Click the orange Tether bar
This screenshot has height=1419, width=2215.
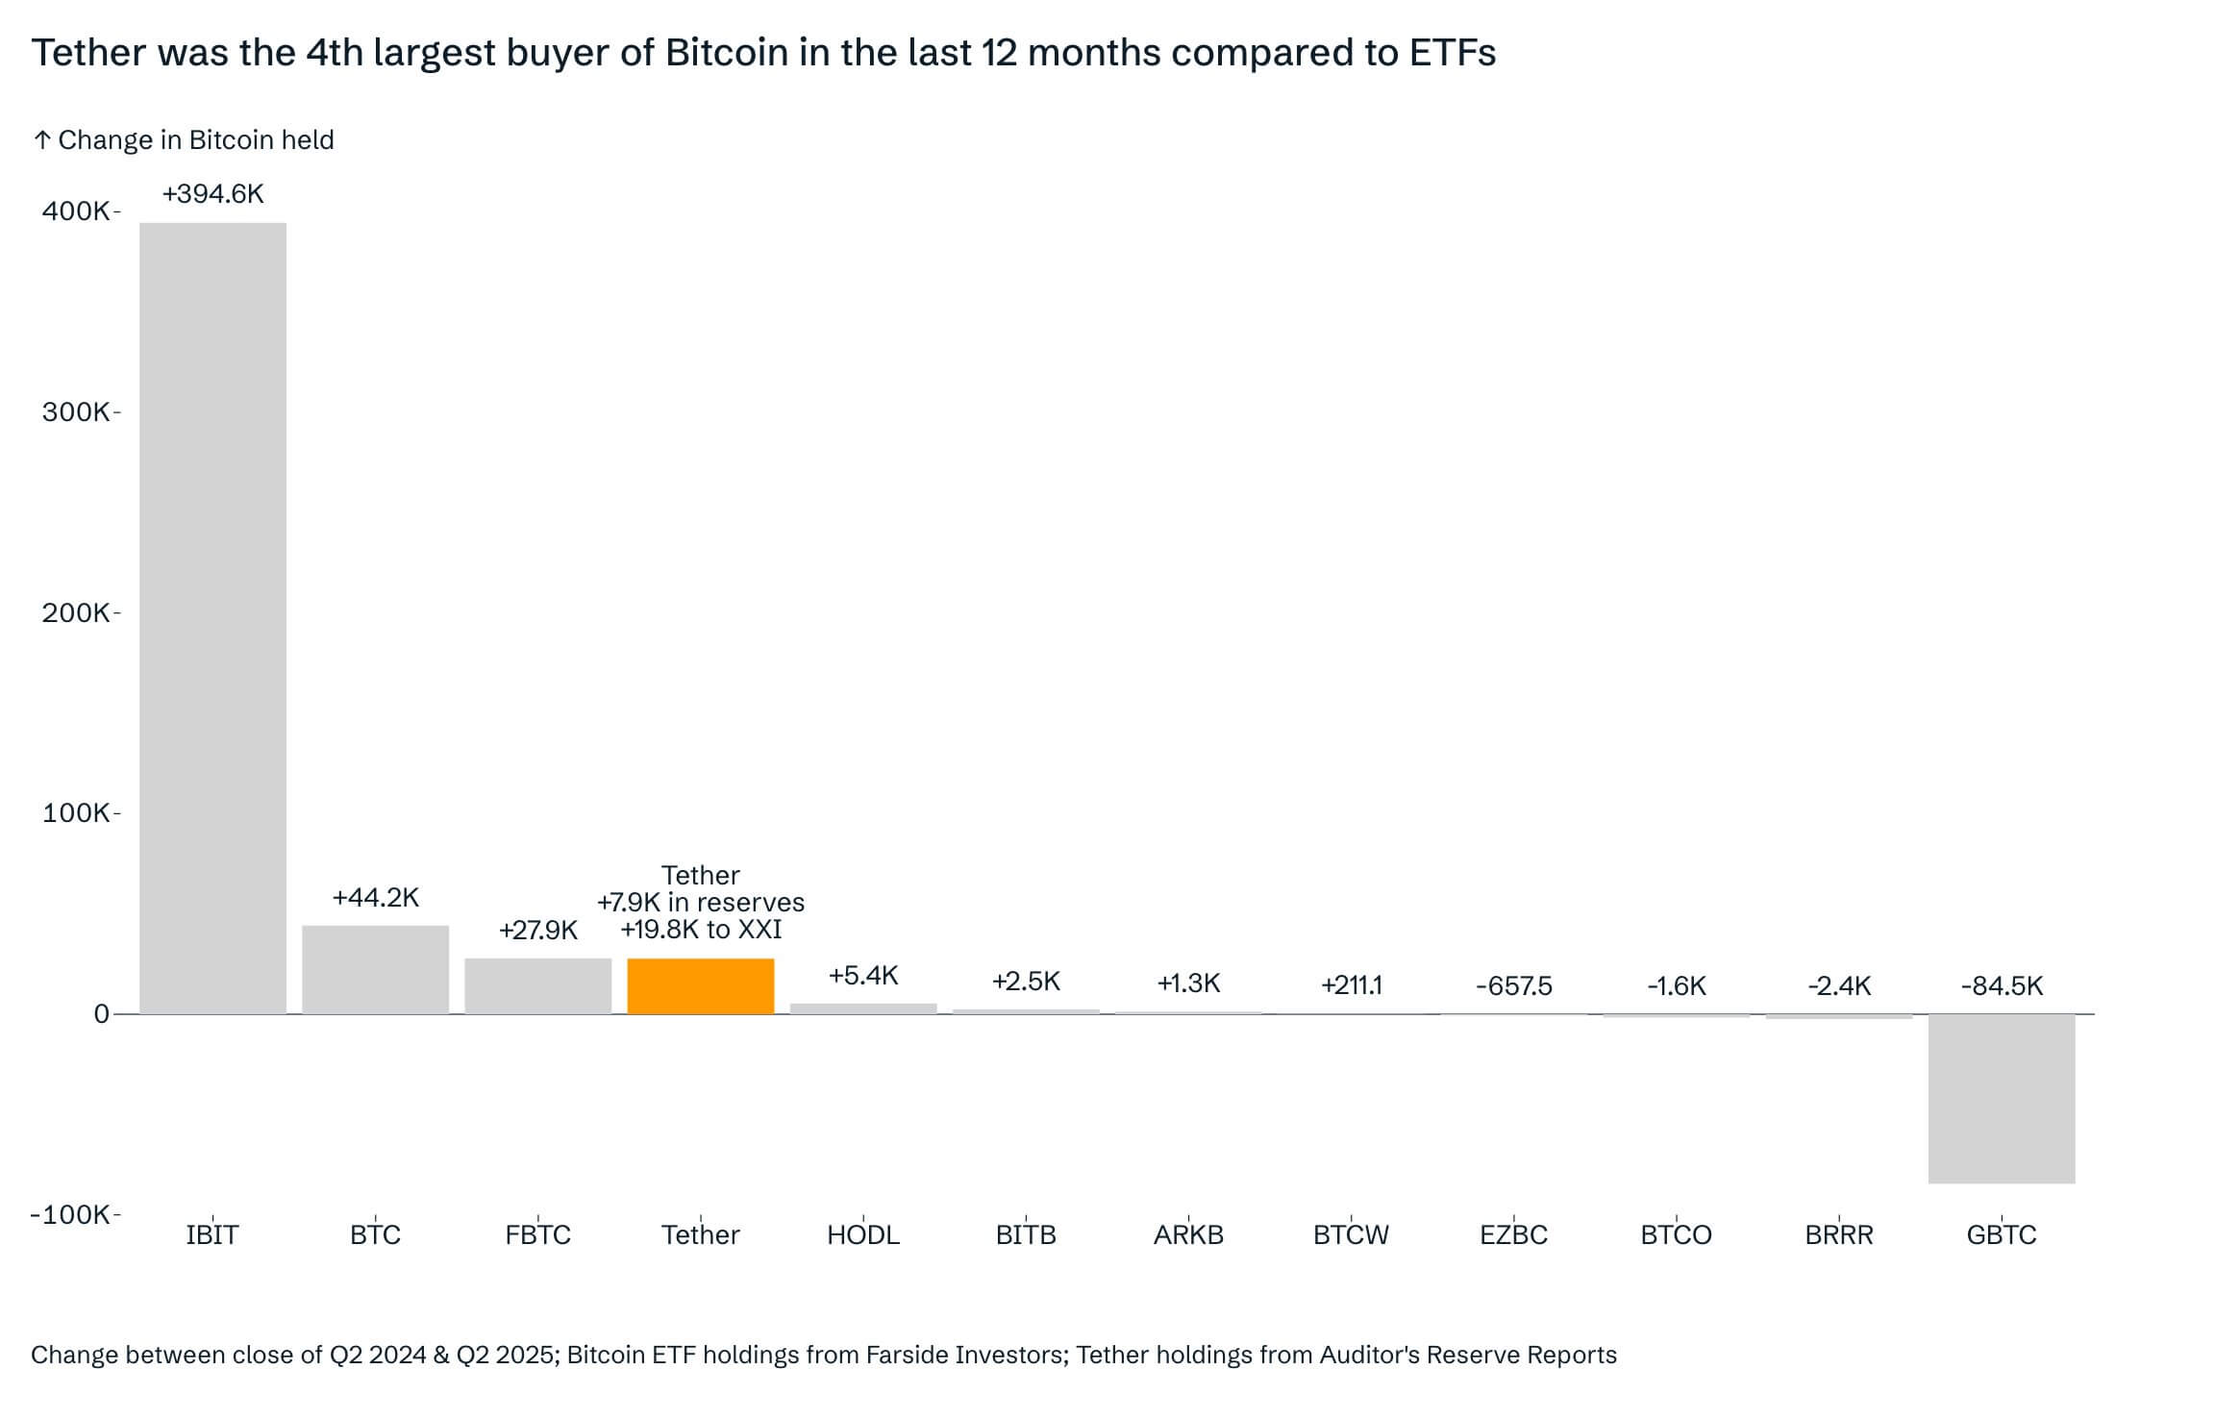pos(700,985)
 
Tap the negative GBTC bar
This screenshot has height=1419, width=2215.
pos(2002,1098)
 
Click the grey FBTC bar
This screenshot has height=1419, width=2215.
pos(537,985)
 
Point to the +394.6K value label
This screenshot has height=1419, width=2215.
pos(212,194)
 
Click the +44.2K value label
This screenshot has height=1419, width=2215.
pos(375,897)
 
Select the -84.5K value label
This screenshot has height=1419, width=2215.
pos(2002,985)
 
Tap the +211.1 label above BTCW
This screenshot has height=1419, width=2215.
pos(1351,984)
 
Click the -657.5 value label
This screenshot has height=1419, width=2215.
pos(1513,985)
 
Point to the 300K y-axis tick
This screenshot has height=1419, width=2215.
pos(76,411)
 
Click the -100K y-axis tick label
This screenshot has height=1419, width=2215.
pos(70,1214)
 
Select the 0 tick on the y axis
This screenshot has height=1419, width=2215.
pos(101,1013)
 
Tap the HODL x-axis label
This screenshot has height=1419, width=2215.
pos(862,1234)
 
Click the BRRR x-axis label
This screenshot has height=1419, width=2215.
pos(1838,1234)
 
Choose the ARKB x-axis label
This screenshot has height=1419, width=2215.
pos(1188,1234)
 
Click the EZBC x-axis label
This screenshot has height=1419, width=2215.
pos(1513,1234)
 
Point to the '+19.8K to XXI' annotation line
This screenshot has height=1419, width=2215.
pos(700,930)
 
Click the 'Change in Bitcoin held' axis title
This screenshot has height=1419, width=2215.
pos(195,140)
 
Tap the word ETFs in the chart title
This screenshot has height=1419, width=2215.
pos(1452,53)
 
